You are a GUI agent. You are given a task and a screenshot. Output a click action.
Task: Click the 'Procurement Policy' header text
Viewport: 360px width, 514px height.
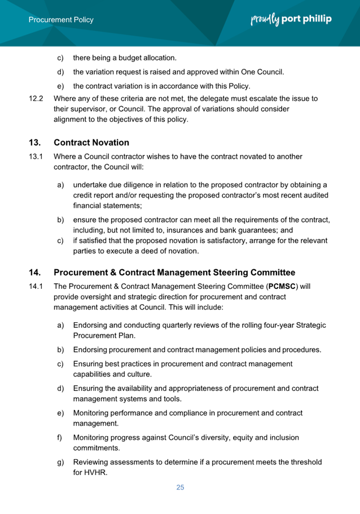[62, 20]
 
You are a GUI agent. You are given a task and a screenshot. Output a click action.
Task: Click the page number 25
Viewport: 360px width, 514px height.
[180, 487]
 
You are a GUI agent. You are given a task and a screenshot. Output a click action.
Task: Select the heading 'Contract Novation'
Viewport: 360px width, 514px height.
[91, 142]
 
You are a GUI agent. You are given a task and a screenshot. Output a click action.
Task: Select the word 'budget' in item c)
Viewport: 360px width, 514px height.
[131, 58]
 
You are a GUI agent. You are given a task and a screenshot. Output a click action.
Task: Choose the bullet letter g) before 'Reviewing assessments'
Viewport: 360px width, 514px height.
[60, 463]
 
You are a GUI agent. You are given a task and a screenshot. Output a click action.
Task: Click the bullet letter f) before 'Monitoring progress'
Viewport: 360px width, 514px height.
[60, 438]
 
